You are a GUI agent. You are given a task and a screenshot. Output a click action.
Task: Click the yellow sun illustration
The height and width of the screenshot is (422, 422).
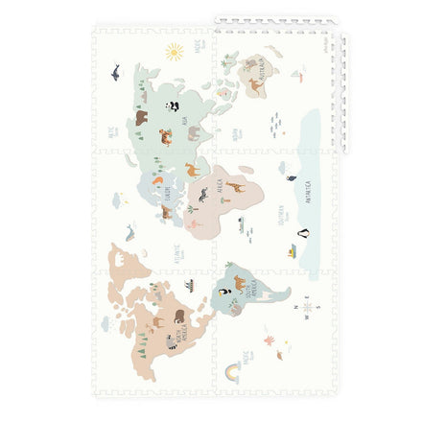click(x=174, y=50)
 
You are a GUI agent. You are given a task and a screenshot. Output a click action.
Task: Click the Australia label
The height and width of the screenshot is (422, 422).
click(x=260, y=69)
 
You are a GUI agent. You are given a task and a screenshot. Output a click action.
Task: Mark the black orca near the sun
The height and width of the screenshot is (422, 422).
click(x=115, y=72)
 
